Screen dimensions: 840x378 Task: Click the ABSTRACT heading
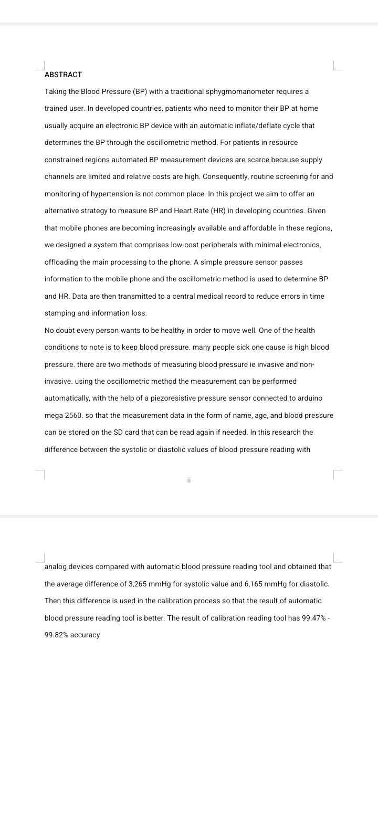click(63, 75)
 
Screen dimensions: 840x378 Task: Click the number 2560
click(72, 415)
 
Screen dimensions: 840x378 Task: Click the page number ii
click(188, 480)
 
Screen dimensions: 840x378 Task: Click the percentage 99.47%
click(314, 618)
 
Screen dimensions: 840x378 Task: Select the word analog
click(55, 566)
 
